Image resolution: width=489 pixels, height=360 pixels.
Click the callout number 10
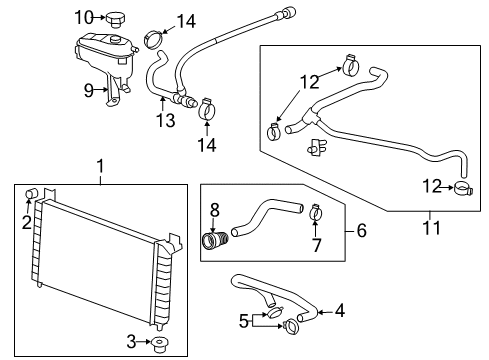tap(84, 16)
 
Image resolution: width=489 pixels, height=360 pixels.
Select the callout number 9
tap(89, 89)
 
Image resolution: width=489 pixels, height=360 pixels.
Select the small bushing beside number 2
tap(32, 193)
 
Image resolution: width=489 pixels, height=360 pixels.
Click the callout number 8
tap(213, 211)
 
